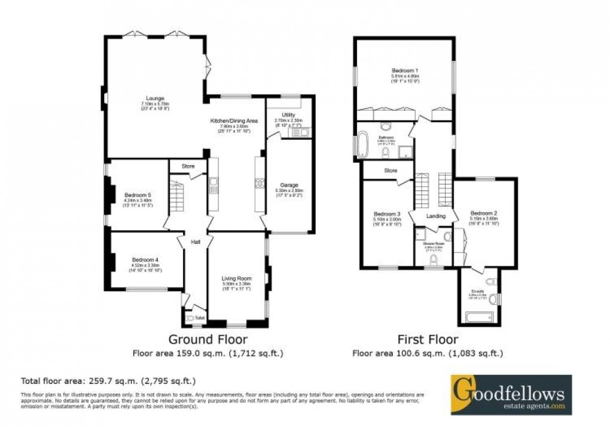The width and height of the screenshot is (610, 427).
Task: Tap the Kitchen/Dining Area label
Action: [x=234, y=121]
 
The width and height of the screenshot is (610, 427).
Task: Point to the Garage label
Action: [x=289, y=185]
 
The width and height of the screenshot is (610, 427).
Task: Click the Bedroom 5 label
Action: [x=138, y=195]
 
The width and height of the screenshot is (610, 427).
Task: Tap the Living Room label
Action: [x=236, y=279]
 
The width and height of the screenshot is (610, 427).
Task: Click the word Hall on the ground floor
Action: [x=195, y=242]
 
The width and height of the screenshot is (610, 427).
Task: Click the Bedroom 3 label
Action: [x=386, y=214]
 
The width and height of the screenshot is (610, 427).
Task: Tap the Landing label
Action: [x=434, y=216]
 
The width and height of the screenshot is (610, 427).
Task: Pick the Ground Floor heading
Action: [x=207, y=340]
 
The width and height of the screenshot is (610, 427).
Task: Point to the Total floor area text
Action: [x=108, y=380]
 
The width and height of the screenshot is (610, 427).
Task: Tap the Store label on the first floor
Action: [x=391, y=171]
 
